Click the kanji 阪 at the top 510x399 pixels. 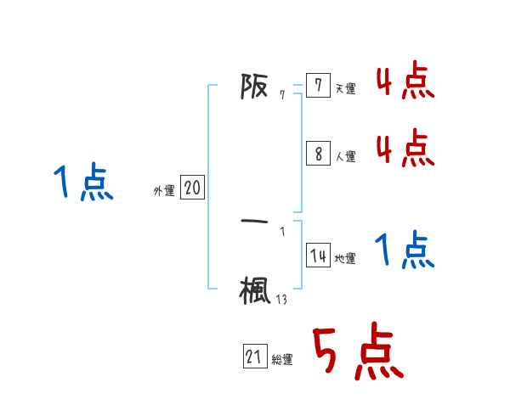tap(255, 87)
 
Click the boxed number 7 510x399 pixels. tap(318, 86)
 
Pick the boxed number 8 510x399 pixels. tap(318, 154)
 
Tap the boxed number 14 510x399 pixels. tap(318, 256)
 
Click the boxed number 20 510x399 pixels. tap(192, 188)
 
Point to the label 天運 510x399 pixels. tap(345, 89)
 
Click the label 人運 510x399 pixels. tap(345, 157)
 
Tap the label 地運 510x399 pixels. tap(345, 259)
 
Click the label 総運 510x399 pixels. tap(282, 360)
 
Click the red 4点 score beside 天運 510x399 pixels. tap(405, 82)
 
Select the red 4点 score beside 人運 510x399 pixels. tap(405, 149)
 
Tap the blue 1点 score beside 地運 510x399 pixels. tap(405, 250)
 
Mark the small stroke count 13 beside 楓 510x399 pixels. tap(281, 298)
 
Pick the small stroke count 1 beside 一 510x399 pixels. tap(282, 230)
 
